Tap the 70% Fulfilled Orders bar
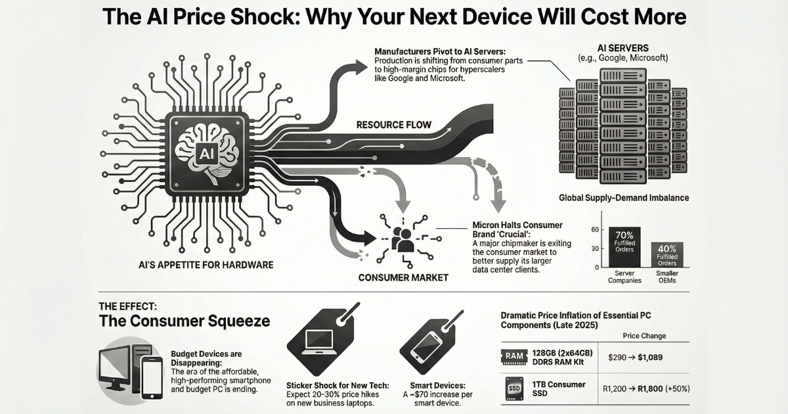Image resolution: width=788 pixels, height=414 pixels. [x=624, y=247]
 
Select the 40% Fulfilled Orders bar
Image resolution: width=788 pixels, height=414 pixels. [x=666, y=255]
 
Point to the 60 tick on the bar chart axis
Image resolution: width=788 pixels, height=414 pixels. [x=595, y=229]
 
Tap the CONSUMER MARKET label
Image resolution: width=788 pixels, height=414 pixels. [x=403, y=277]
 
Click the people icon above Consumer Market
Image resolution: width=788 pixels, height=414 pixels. [x=402, y=239]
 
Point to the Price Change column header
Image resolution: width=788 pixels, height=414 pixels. [x=644, y=336]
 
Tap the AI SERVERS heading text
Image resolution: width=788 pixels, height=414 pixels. [x=623, y=48]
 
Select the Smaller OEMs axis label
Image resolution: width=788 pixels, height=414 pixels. [x=667, y=276]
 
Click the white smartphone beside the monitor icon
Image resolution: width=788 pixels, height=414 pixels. [x=152, y=377]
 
